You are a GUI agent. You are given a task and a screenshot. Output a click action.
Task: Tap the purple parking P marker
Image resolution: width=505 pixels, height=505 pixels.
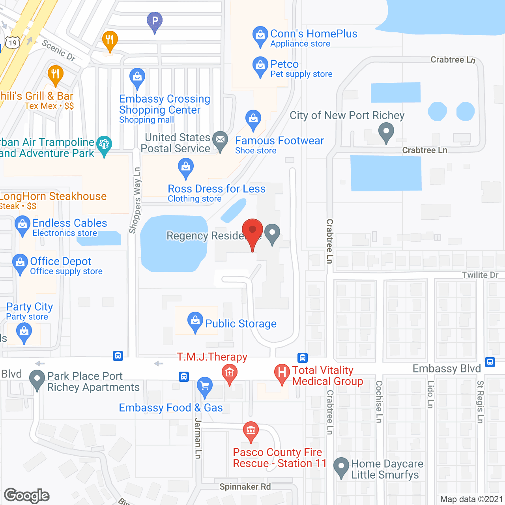(x=155, y=21)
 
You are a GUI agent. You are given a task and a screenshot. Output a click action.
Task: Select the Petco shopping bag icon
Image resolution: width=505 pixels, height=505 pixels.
(x=260, y=66)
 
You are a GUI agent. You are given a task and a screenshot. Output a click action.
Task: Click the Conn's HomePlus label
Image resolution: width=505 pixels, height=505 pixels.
(x=314, y=34)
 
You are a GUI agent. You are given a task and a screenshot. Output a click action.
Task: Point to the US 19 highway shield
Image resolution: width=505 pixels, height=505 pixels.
(x=13, y=43)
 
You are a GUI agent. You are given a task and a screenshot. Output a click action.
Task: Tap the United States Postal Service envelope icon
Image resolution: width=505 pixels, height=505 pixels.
(x=220, y=140)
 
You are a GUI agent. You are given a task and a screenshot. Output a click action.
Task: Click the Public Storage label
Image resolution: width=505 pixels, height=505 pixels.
(x=241, y=324)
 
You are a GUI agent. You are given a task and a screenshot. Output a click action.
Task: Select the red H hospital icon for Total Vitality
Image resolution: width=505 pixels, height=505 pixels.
(x=282, y=373)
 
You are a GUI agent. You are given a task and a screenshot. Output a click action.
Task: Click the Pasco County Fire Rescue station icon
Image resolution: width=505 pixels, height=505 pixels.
(x=251, y=430)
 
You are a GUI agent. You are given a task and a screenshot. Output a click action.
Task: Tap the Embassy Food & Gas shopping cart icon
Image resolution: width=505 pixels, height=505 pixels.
(x=204, y=386)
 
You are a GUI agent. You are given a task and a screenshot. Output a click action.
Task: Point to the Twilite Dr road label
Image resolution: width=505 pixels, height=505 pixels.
(x=480, y=275)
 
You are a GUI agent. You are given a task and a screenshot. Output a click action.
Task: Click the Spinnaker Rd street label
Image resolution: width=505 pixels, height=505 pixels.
(x=245, y=486)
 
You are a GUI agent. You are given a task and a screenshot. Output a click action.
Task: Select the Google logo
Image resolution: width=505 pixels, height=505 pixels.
(x=27, y=496)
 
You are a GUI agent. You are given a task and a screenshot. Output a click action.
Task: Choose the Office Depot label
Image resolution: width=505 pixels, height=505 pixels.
(x=61, y=261)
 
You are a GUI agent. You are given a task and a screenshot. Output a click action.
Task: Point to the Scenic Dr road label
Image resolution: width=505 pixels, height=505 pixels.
(x=59, y=50)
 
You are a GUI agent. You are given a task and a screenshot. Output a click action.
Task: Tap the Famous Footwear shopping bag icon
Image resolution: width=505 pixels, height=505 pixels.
(x=253, y=119)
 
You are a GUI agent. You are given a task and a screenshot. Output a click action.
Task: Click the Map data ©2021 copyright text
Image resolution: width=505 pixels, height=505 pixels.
(x=471, y=499)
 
